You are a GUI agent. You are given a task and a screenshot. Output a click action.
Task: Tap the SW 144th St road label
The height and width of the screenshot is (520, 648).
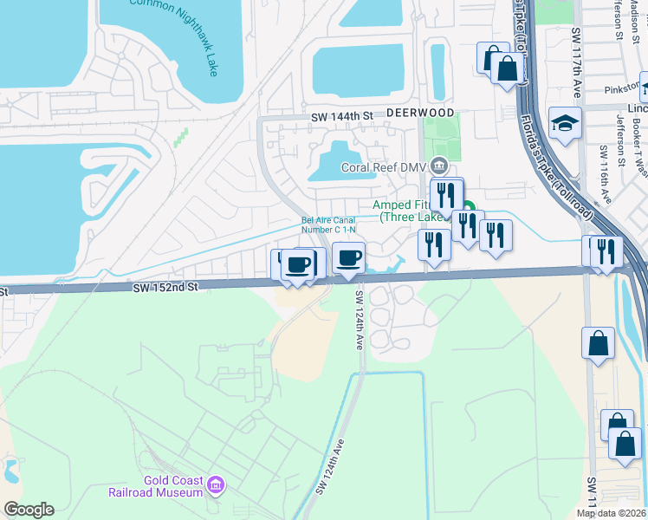(x=342, y=115)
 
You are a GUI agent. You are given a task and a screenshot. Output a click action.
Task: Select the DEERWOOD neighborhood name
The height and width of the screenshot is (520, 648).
(x=420, y=114)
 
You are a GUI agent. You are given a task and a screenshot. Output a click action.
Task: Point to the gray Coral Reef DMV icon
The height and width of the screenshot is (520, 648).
(x=439, y=165)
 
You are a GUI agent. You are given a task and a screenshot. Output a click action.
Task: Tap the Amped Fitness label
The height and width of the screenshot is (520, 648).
(x=407, y=211)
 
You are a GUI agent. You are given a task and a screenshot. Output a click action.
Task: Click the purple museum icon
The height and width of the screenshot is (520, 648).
(x=216, y=485)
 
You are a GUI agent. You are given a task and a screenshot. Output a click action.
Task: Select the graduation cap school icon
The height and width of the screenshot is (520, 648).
(x=564, y=123)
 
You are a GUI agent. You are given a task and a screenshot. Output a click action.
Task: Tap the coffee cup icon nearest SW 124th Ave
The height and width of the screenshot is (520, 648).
(x=348, y=257)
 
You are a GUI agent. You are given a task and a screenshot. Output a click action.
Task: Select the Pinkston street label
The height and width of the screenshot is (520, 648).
(x=621, y=88)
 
